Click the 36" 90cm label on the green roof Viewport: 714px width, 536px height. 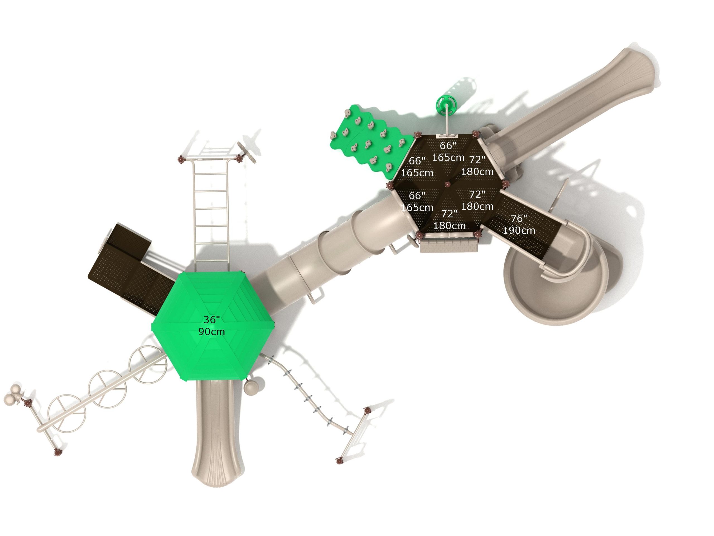[x=211, y=325]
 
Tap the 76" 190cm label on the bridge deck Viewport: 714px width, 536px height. [x=519, y=224]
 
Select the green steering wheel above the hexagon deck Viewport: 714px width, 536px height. [x=447, y=105]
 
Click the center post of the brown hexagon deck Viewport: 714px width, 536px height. [x=447, y=185]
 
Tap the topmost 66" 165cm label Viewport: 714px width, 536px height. [x=448, y=152]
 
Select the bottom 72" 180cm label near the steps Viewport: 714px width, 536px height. [x=449, y=219]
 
